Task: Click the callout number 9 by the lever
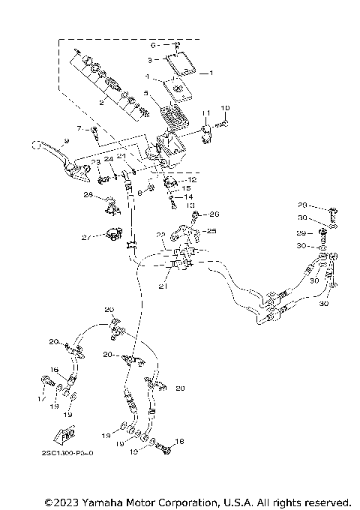pyautogui.click(x=66, y=141)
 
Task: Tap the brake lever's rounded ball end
pyautogui.click(x=34, y=145)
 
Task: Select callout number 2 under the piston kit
pyautogui.click(x=102, y=103)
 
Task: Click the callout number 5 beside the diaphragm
pyautogui.click(x=146, y=94)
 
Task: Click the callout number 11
pyautogui.click(x=203, y=112)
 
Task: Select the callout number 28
pyautogui.click(x=88, y=196)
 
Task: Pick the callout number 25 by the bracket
pyautogui.click(x=211, y=231)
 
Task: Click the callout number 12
pyautogui.click(x=192, y=180)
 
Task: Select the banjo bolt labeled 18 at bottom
pyautogui.click(x=164, y=449)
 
